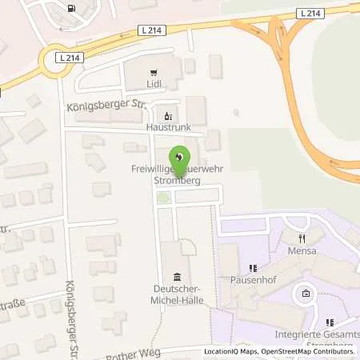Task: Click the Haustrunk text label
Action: pos(167,126)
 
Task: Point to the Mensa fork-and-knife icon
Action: pos(302,238)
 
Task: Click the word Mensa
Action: pos(302,250)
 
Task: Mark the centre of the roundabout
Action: pos(55,62)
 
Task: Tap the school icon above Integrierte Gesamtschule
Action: pos(306,294)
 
